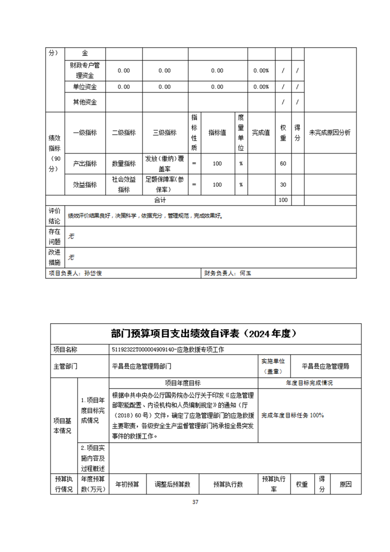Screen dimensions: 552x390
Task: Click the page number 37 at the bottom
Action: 195,502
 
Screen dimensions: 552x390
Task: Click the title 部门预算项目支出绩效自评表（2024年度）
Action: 206,334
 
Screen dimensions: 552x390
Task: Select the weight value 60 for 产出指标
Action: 283,163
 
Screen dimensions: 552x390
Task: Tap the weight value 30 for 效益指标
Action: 283,184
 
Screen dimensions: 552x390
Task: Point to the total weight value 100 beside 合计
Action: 283,200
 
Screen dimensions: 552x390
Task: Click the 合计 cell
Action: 160,200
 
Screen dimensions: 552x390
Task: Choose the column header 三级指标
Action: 165,132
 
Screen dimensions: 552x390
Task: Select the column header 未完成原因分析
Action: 330,132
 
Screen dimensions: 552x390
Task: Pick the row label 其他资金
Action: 85,102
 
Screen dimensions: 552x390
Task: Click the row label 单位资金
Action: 85,87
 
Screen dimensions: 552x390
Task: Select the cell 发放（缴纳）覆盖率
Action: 165,163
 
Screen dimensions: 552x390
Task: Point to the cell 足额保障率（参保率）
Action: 165,184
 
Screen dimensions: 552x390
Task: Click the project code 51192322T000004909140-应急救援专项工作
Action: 168,349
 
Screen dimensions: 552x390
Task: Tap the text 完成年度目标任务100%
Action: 292,415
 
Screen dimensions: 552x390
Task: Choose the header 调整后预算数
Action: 172,485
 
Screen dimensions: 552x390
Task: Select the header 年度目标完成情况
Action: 309,383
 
